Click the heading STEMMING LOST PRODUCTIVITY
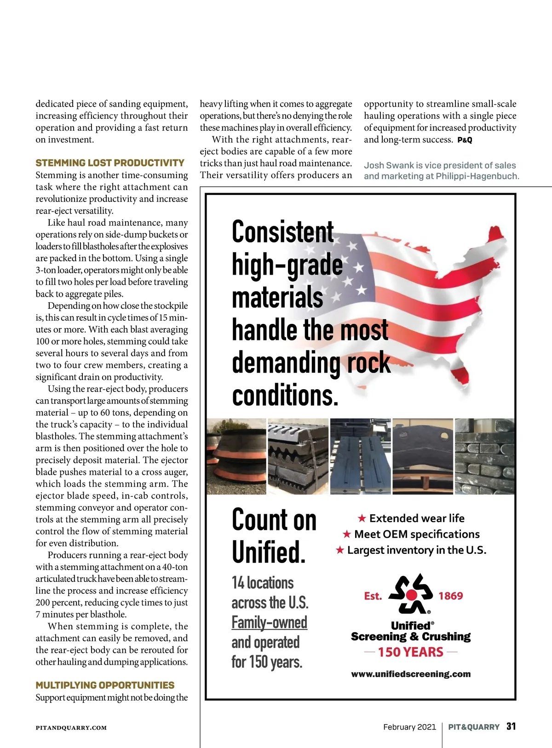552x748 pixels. coord(110,163)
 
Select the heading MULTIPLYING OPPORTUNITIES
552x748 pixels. coord(105,685)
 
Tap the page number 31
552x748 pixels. coord(511,726)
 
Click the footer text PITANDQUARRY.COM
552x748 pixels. coord(71,728)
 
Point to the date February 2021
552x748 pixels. coord(409,727)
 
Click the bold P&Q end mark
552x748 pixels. coord(465,140)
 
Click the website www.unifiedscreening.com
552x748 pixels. coord(411,674)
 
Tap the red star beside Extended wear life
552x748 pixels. coord(362,518)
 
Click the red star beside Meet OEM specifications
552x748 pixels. coord(347,534)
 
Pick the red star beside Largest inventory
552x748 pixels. coord(340,550)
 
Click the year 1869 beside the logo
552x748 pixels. coord(450,596)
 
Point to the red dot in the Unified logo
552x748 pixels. coord(412,596)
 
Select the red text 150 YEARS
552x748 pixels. coord(410,652)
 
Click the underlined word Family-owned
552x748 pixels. coord(269,622)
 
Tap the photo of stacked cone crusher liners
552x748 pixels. coord(236,456)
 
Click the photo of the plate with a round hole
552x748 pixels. coord(423,456)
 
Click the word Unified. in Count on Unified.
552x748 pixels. coord(269,552)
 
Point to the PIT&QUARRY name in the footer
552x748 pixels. coord(473,727)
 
